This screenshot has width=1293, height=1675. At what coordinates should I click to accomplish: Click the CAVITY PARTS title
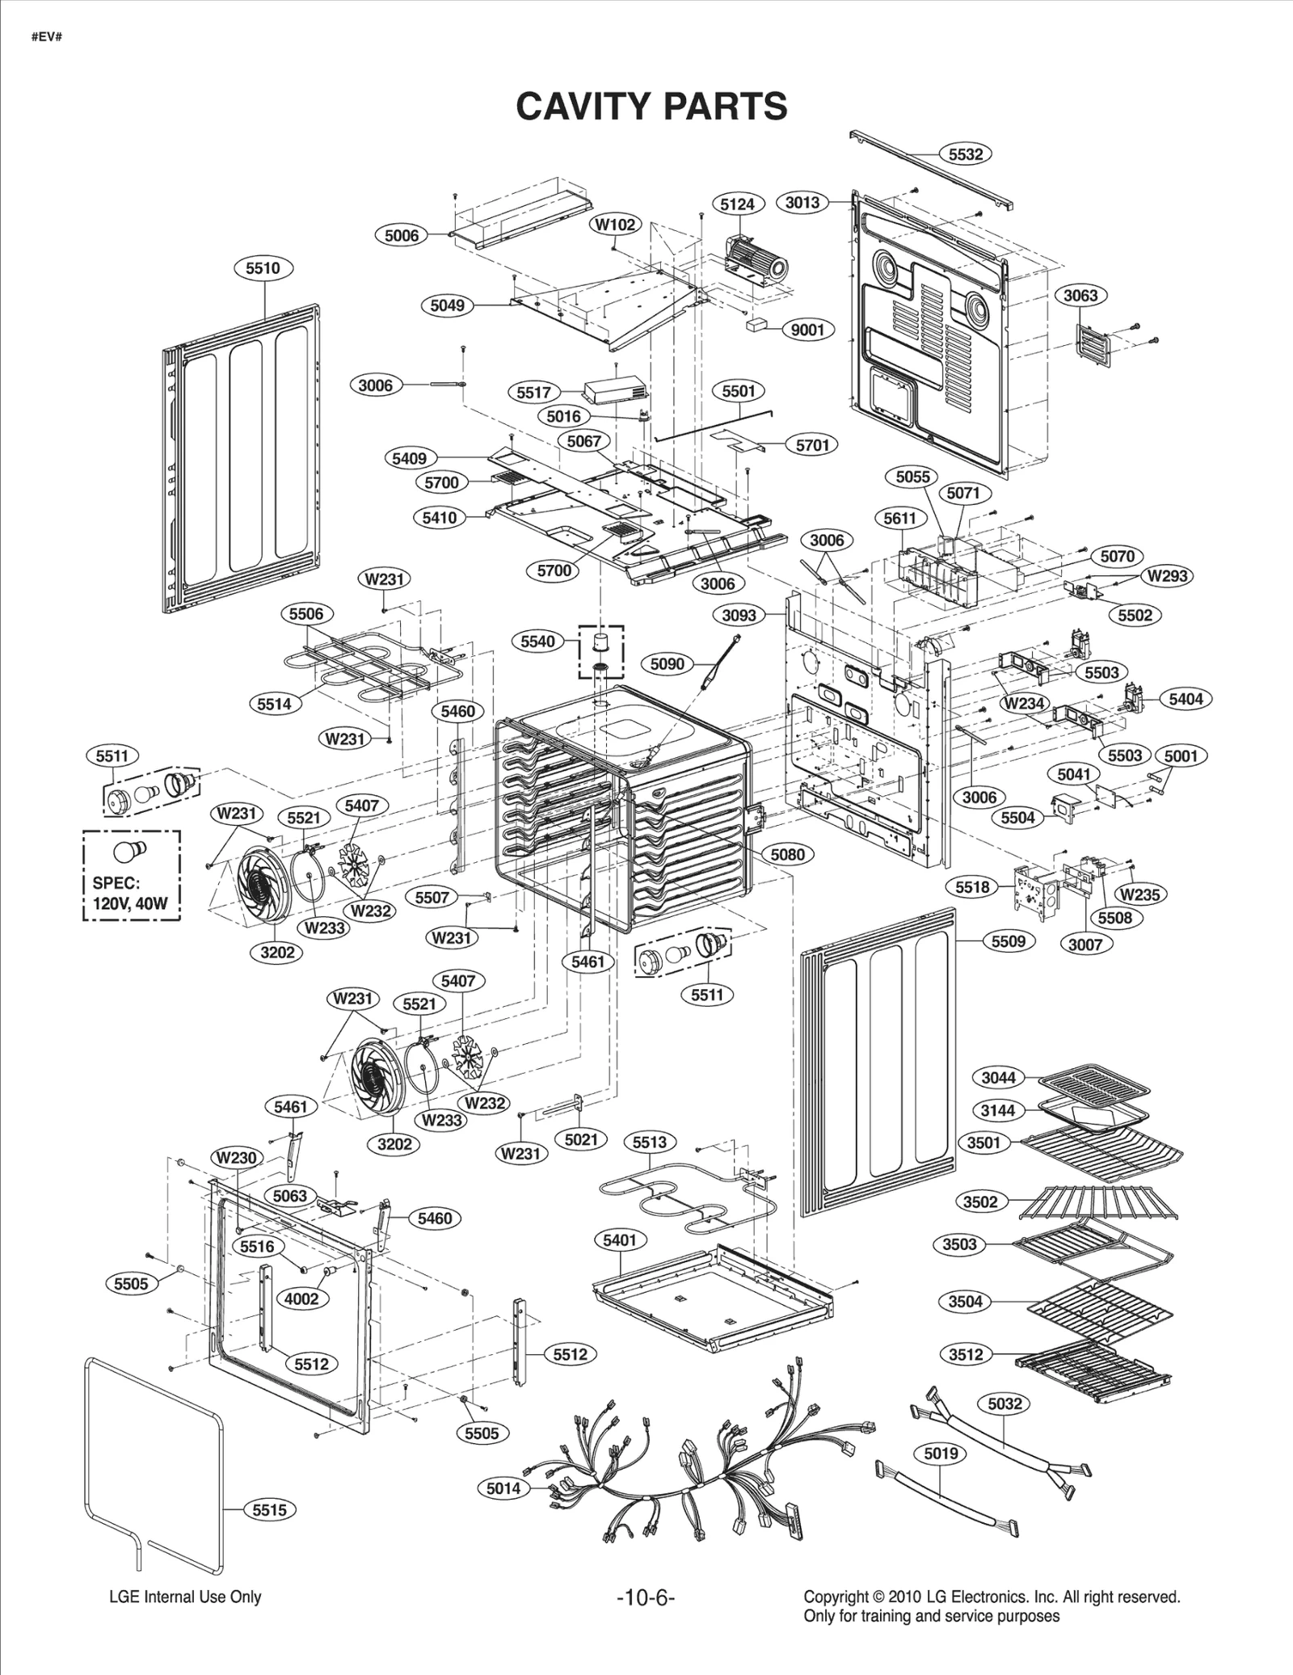pos(651,106)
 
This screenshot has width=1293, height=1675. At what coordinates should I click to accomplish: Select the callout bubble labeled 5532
pos(965,154)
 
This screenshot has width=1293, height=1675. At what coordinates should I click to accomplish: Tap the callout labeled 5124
pos(737,204)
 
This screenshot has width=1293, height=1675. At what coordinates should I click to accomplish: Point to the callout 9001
pos(807,330)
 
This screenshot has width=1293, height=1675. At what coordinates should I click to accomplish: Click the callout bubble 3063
pos(1080,295)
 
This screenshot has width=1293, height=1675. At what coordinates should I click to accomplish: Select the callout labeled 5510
pos(263,268)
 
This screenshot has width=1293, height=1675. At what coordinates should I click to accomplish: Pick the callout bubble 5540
pos(537,642)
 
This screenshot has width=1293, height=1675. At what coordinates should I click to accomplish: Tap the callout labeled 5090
pos(667,663)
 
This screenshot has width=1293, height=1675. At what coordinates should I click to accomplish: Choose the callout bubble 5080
pos(787,854)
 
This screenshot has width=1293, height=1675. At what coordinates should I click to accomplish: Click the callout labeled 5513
pos(649,1142)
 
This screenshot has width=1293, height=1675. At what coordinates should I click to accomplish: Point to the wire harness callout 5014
pos(503,1488)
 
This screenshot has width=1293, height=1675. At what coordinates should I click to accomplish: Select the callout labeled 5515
pos(269,1509)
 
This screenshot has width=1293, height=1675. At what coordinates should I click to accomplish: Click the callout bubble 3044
pos(998,1077)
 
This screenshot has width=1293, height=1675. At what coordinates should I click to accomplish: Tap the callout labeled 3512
pos(966,1354)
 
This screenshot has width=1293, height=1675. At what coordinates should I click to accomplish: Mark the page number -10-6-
pos(645,1597)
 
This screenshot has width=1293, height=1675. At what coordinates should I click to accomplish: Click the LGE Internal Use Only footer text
pos(185,1597)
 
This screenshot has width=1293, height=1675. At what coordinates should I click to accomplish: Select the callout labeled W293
pos(1167,576)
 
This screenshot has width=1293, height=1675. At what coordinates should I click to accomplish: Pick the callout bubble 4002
pos(301,1298)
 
